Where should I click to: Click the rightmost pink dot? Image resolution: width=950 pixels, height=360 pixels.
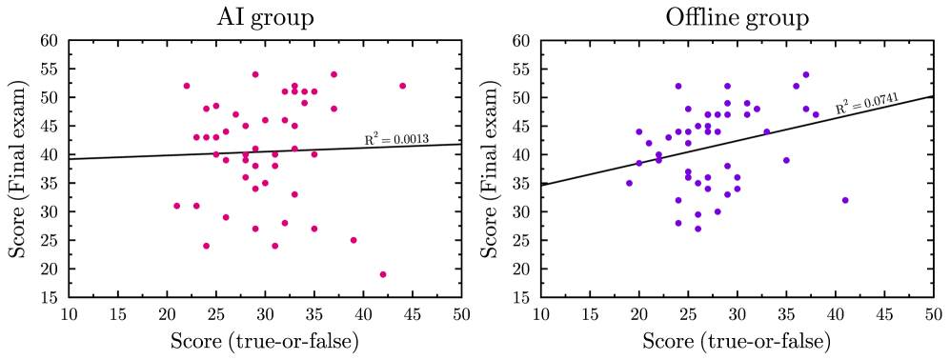[402, 86]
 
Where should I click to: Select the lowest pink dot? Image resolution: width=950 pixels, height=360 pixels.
[383, 274]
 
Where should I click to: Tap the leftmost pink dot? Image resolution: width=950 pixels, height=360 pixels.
[177, 206]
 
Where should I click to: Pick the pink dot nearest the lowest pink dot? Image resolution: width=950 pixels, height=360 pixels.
[354, 240]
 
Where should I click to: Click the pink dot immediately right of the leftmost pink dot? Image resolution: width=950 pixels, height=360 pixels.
[196, 206]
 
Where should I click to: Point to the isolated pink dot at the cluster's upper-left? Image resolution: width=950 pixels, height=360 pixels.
[187, 86]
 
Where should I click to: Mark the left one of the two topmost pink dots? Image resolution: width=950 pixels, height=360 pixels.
[255, 74]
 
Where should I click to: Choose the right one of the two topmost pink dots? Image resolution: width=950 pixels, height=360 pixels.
[334, 74]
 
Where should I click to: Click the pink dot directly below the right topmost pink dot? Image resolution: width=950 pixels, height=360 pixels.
[334, 109]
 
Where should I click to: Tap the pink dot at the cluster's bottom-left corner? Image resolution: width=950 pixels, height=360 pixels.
[206, 246]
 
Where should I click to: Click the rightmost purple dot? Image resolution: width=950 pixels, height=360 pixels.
[845, 200]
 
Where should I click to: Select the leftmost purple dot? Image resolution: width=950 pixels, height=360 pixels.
[629, 183]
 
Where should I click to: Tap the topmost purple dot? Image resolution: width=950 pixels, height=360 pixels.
[805, 74]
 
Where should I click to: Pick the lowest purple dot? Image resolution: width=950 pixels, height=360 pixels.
[697, 229]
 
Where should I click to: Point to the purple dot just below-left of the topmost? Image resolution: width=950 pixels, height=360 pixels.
[796, 87]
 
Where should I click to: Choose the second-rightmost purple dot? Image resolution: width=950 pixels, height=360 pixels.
[816, 114]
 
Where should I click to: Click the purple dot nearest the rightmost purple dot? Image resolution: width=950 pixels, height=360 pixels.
[786, 160]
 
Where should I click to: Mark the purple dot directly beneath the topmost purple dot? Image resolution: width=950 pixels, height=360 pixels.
[805, 109]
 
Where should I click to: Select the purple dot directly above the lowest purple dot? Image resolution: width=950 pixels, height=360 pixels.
[697, 214]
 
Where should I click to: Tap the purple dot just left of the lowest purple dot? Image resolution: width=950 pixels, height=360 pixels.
[678, 223]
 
